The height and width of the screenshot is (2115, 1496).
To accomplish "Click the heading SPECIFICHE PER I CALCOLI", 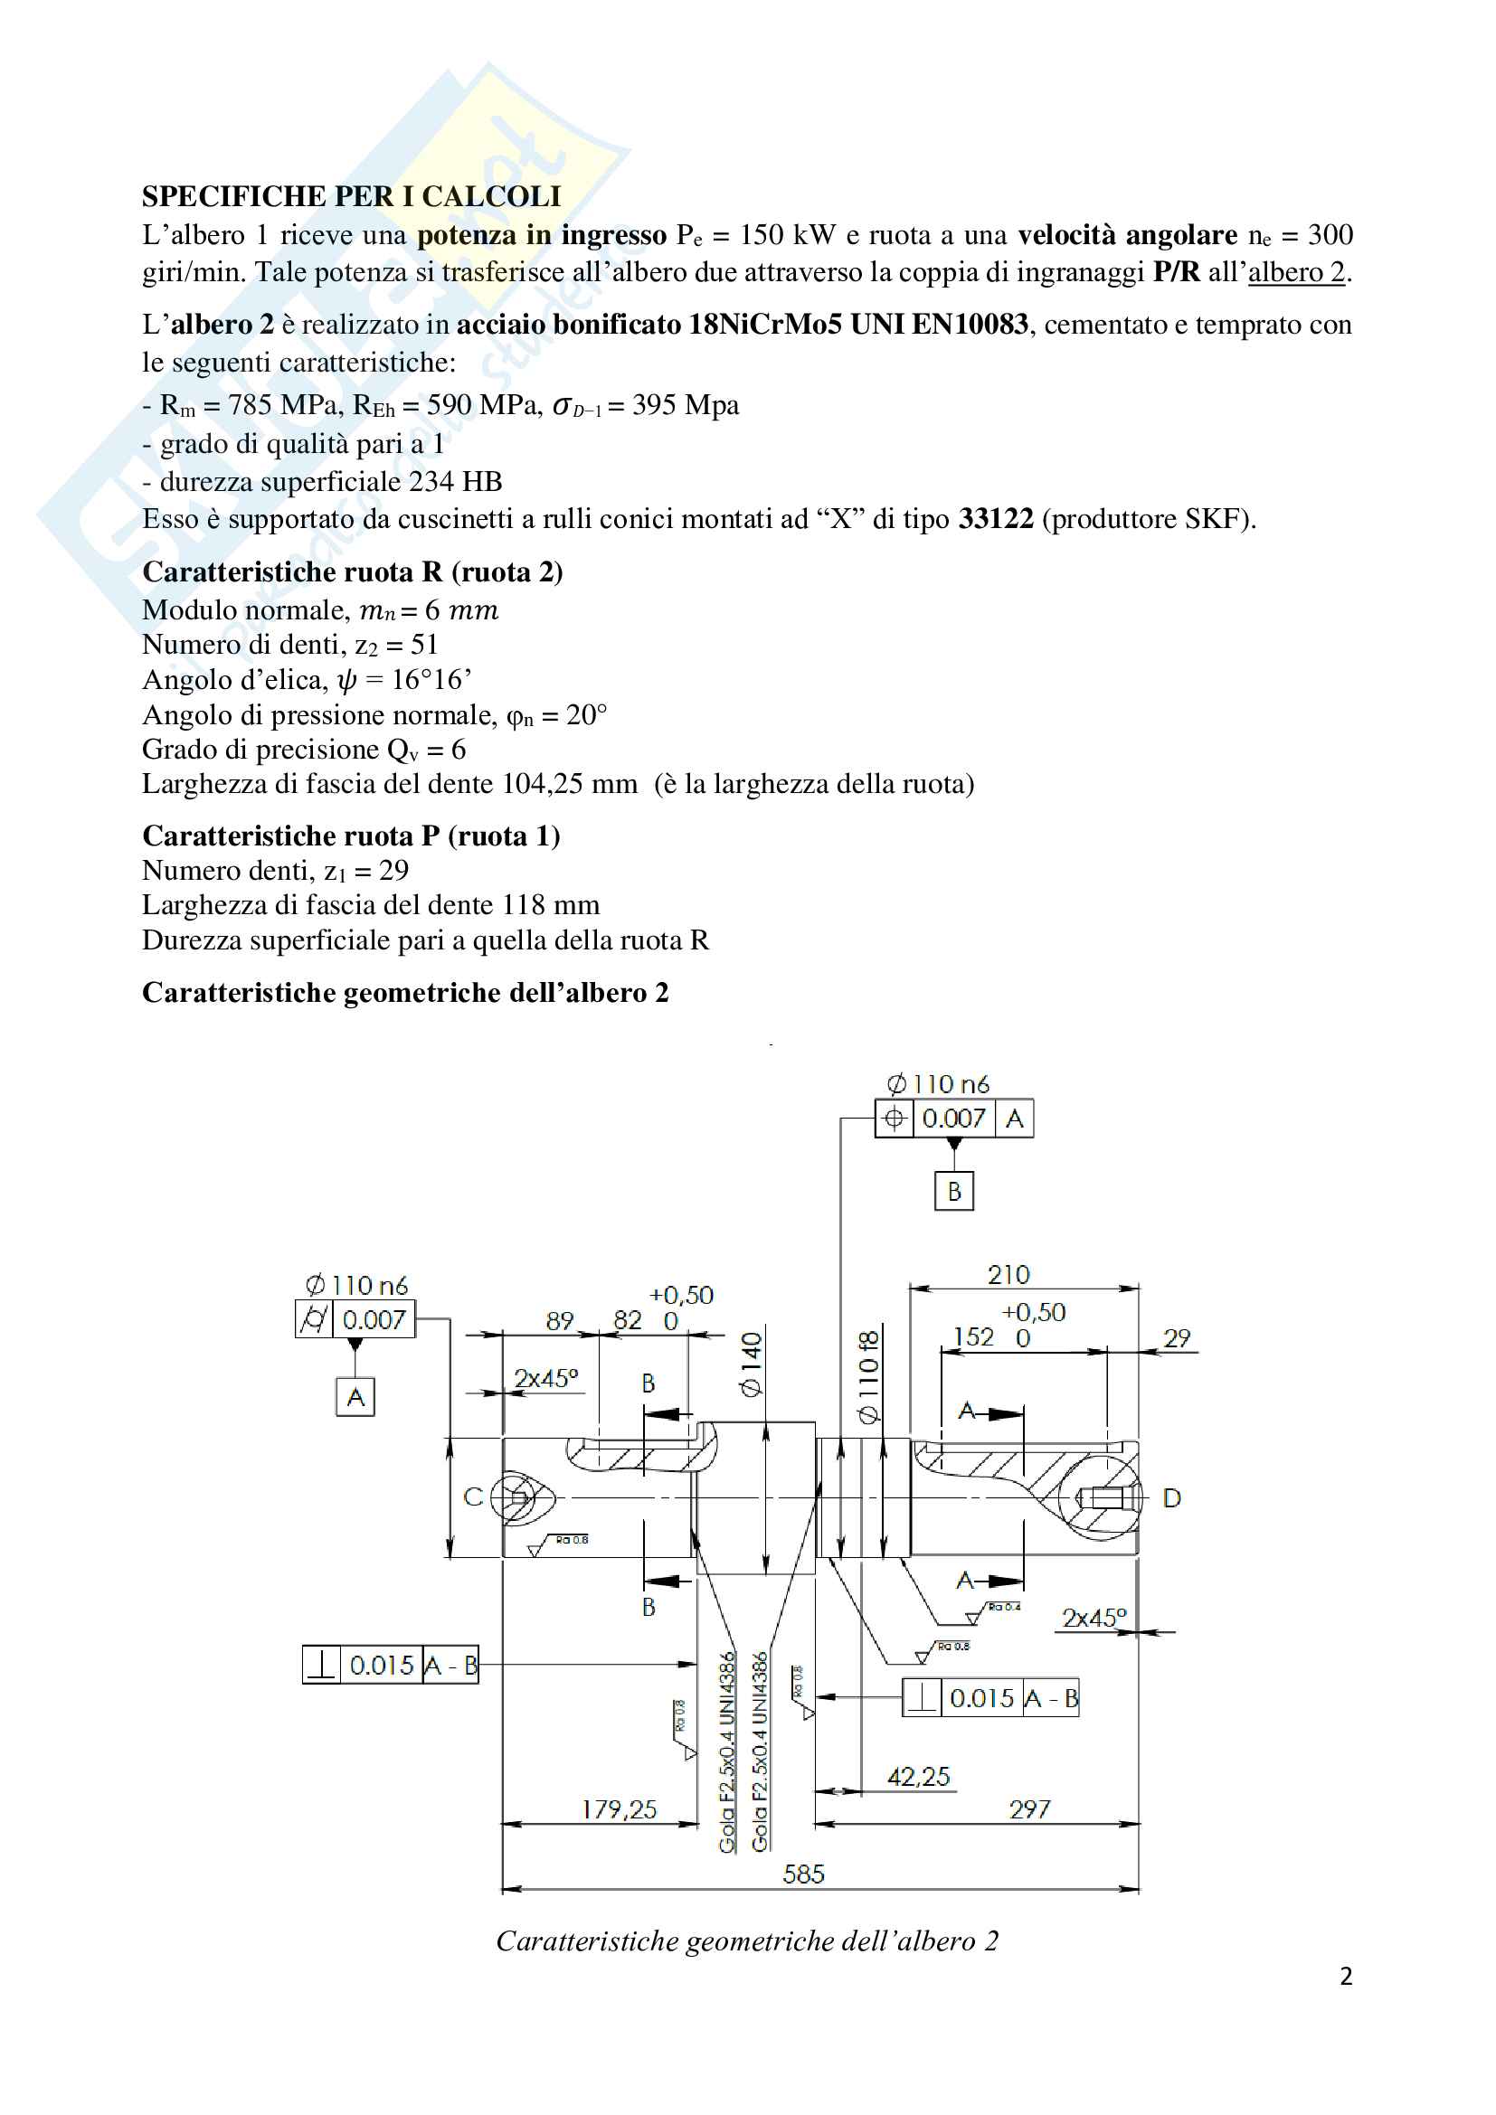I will point(351,196).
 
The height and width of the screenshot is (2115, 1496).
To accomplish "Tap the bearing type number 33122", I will point(996,520).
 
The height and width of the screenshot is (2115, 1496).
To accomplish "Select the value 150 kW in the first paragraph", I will point(787,235).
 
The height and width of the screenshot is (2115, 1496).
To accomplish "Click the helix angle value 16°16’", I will point(431,680).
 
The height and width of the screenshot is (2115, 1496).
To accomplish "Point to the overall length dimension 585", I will point(803,1874).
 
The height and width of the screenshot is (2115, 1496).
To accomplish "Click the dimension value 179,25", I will point(619,1809).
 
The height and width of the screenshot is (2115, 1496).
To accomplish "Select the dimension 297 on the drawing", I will point(1029,1809).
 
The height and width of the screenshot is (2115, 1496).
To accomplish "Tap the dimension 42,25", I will point(918,1777).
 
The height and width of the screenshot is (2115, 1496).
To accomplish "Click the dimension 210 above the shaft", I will point(1008,1275).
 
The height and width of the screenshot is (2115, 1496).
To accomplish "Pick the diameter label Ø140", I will point(753,1364).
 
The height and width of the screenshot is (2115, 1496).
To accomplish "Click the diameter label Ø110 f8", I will point(868,1376).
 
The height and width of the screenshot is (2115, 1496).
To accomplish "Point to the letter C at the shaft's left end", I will point(472,1497).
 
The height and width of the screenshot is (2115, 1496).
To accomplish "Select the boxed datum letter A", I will point(355,1397).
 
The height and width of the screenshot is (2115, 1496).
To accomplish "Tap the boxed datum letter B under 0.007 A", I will point(954,1192).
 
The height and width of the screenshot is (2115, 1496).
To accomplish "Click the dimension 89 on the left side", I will point(559,1322).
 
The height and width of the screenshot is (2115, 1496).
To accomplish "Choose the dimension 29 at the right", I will point(1177,1337).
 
